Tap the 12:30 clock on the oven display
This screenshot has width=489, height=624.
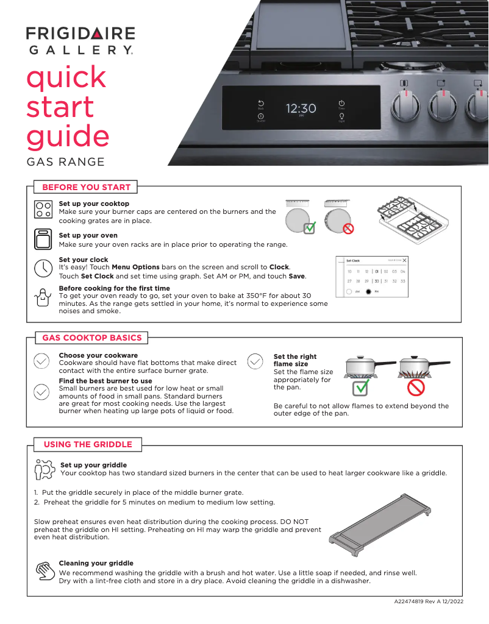[x=301, y=109]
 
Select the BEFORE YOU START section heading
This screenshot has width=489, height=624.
[x=86, y=187]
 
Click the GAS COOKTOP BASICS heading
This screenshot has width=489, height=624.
[x=91, y=338]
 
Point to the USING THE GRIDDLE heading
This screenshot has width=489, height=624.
[x=84, y=444]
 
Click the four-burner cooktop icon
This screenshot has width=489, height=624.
[x=43, y=210]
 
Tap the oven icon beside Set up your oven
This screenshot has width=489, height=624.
[x=43, y=239]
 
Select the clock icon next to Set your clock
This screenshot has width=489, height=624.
[x=43, y=268]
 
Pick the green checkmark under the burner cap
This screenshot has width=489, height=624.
[x=310, y=228]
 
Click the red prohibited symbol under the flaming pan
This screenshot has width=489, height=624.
[x=416, y=387]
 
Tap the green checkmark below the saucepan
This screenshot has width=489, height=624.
[x=362, y=387]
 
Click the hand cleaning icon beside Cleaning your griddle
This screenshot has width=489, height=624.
[x=44, y=571]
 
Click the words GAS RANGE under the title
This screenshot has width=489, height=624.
[x=65, y=162]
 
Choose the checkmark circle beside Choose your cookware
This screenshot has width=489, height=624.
[x=41, y=361]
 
